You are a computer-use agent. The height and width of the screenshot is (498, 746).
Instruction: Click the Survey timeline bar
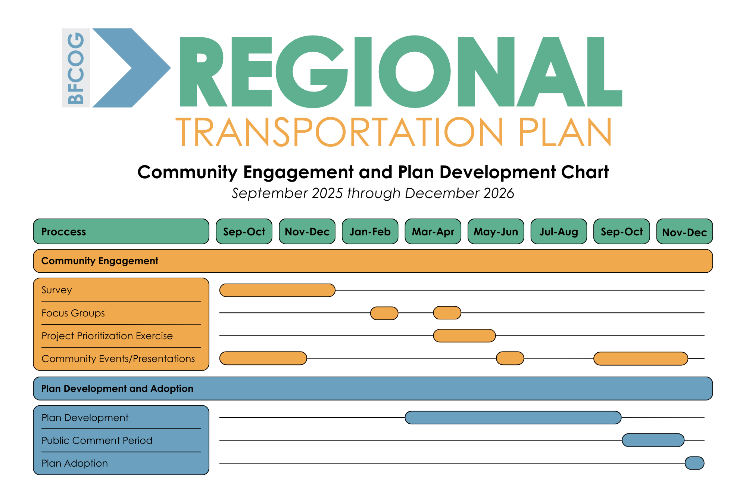point(277,290)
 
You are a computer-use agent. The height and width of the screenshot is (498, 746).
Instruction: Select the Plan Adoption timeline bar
point(695,463)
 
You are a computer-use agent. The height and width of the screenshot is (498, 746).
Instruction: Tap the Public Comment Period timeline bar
point(653,440)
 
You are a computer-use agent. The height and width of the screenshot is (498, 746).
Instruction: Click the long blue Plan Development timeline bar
point(513,417)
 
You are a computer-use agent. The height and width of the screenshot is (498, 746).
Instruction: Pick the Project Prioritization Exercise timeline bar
point(464,335)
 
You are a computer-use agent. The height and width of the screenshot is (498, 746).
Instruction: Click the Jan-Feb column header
point(370,232)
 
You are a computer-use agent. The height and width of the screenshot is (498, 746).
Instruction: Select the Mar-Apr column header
point(433,232)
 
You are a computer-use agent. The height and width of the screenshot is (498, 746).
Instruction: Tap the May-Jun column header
point(496,232)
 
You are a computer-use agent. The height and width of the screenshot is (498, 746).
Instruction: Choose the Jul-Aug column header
point(559,232)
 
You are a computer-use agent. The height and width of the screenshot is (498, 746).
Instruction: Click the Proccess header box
point(121,232)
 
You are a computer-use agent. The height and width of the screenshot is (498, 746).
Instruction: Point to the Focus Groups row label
point(73,313)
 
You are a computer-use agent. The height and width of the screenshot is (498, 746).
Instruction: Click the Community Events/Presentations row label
point(118,359)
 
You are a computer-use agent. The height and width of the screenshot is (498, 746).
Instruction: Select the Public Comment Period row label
point(97,440)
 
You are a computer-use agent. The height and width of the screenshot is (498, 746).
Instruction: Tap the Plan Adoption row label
point(75,463)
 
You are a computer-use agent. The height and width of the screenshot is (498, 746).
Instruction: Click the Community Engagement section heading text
point(100,261)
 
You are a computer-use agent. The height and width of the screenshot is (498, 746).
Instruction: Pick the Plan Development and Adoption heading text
point(117,389)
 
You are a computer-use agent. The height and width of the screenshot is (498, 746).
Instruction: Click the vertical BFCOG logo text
point(76,68)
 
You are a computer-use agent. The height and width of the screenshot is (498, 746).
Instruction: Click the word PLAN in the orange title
point(565,132)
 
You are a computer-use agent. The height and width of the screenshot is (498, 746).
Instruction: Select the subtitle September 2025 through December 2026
point(373,193)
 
